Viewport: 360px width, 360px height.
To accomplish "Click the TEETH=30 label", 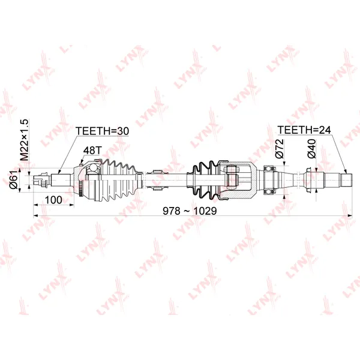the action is point(102,131).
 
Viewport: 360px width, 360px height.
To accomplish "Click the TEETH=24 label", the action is point(304,130).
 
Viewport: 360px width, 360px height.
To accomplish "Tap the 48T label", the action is point(92,151).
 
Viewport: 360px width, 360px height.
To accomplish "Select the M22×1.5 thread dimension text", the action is point(24,140).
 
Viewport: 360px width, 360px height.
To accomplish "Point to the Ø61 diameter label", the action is point(14,180).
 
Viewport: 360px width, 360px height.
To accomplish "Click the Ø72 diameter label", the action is point(280,149).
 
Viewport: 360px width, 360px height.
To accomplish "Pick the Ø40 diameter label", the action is point(311,149).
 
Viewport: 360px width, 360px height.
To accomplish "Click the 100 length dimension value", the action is point(53,200).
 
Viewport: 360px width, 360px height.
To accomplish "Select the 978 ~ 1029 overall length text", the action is point(190,211).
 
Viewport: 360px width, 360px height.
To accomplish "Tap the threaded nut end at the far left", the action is point(42,180).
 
